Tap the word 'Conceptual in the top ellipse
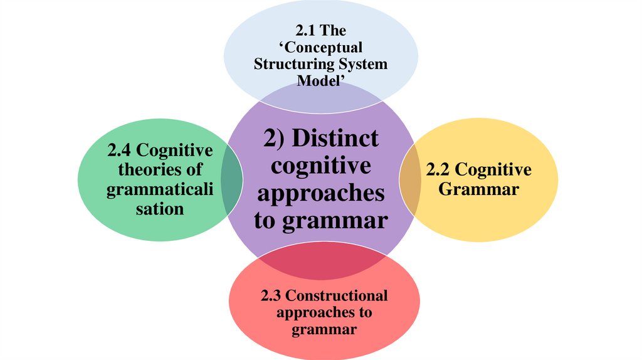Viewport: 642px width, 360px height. tap(320, 48)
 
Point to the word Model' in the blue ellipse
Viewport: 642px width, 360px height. tap(320, 81)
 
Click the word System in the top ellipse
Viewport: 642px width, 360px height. tap(361, 65)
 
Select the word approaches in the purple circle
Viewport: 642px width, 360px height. tap(320, 194)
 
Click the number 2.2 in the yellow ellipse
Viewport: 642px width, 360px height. tap(438, 170)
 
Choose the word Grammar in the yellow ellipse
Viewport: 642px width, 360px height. tap(478, 188)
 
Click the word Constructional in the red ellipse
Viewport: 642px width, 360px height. tap(337, 295)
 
